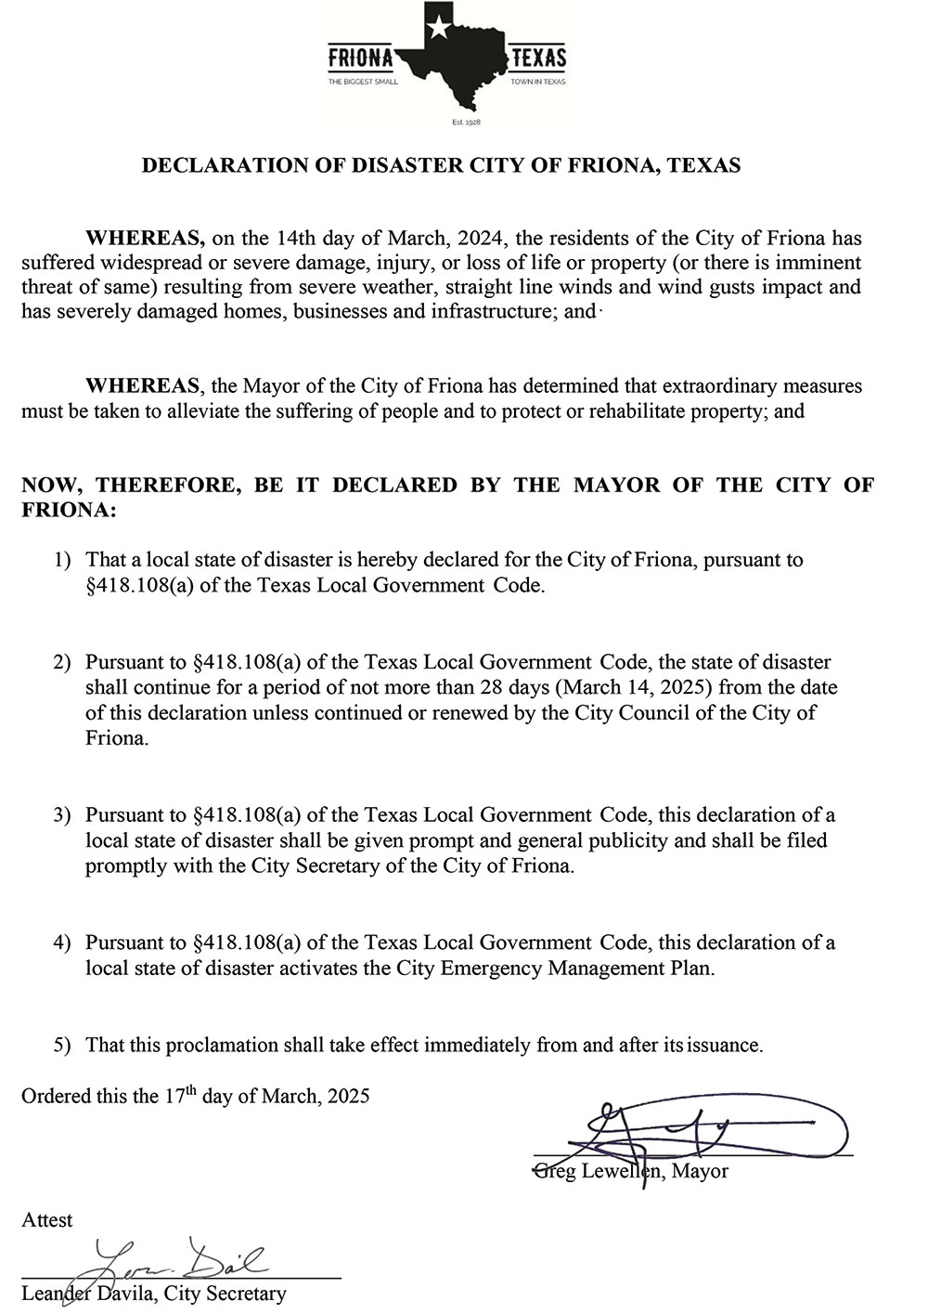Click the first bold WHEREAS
click(144, 236)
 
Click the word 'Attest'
click(47, 1220)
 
